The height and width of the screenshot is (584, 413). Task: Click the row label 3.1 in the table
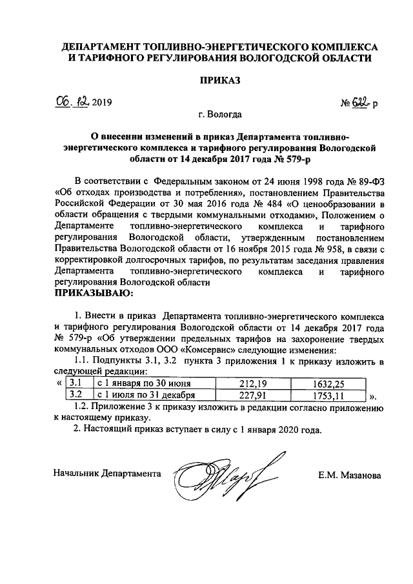tap(75, 383)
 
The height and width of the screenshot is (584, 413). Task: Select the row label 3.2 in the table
tap(75, 395)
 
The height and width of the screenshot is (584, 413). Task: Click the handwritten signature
tap(219, 474)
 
